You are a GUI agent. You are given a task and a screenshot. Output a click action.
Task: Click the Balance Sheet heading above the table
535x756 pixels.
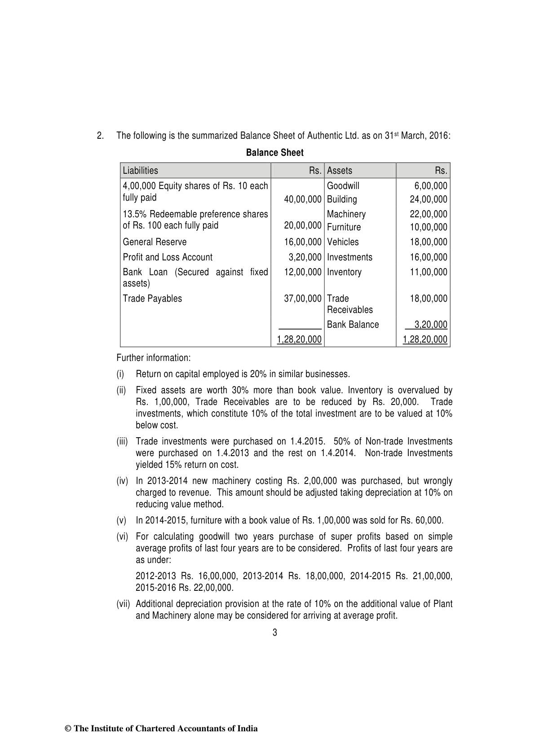274,153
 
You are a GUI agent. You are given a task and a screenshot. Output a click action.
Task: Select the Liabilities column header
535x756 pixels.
140,171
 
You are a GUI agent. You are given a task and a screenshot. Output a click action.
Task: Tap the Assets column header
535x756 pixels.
340,171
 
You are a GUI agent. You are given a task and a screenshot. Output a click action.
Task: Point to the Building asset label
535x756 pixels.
342,199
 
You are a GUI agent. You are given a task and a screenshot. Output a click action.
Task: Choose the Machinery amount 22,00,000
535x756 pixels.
429,214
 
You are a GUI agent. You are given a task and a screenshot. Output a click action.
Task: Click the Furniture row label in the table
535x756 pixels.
344,227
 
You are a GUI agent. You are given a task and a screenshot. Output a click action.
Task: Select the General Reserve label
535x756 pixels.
155,242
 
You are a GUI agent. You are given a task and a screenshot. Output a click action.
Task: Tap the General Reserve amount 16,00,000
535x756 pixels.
303,242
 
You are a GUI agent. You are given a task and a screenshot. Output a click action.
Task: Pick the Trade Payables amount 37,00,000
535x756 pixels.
303,299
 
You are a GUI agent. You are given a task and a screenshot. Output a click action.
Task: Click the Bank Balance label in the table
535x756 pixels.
353,325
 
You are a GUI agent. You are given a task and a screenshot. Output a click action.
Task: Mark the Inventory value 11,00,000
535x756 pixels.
429,272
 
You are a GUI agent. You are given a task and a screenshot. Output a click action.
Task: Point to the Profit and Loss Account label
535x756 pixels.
168,257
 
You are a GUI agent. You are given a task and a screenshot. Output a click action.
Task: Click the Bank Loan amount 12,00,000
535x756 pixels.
303,272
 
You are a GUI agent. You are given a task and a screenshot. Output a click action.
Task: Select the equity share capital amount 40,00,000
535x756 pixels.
303,199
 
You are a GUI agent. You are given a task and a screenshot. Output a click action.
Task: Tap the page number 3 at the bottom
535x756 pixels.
275,633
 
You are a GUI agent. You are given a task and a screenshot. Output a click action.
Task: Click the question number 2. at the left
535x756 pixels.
100,136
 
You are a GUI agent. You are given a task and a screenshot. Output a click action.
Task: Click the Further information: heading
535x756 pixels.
154,358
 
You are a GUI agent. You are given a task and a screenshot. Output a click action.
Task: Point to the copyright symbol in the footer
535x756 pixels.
68,729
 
